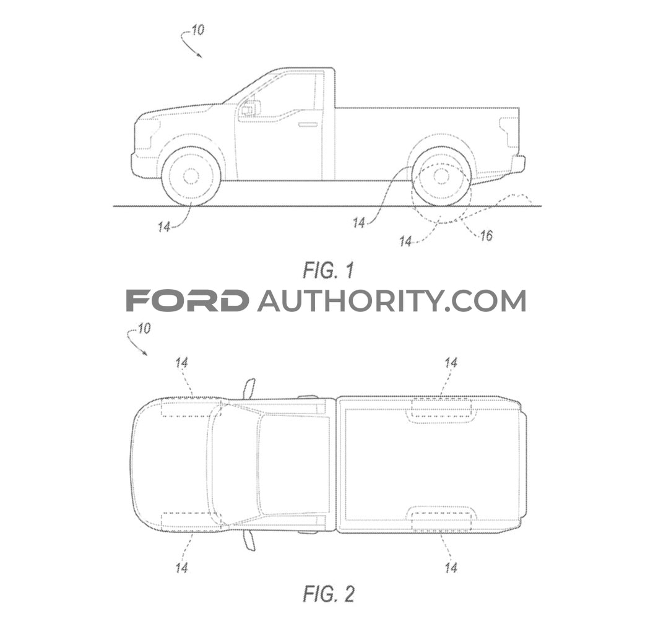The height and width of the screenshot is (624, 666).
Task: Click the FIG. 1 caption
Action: point(328,270)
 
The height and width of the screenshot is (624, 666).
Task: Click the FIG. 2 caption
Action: point(328,594)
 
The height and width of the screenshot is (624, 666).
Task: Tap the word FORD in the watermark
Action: point(188,300)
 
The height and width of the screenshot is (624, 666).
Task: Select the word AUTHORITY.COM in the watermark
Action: point(391,300)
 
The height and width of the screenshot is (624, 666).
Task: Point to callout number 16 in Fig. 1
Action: point(486,235)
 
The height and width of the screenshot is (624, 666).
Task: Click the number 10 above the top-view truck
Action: point(144,329)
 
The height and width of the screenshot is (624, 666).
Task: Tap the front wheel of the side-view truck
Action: point(191,176)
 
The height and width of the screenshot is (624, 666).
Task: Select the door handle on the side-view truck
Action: point(308,124)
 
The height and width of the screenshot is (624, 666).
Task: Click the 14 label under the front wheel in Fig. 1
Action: point(165,227)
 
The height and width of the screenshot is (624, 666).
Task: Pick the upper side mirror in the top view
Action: point(250,389)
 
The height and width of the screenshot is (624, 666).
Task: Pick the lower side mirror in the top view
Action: point(250,539)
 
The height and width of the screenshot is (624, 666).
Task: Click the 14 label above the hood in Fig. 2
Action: point(181,363)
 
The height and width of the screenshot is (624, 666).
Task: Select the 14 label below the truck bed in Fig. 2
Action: point(451,568)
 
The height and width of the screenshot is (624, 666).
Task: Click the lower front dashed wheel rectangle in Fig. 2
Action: point(191,522)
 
